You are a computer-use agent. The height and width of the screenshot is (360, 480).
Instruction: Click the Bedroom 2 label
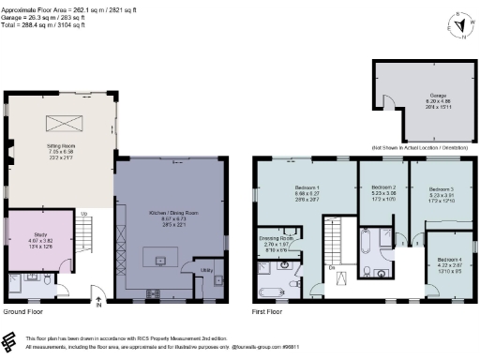click(x=382, y=186)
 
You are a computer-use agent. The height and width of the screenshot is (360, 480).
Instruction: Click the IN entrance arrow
click(x=97, y=301)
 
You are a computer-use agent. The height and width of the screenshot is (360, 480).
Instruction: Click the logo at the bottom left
click(x=10, y=340)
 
